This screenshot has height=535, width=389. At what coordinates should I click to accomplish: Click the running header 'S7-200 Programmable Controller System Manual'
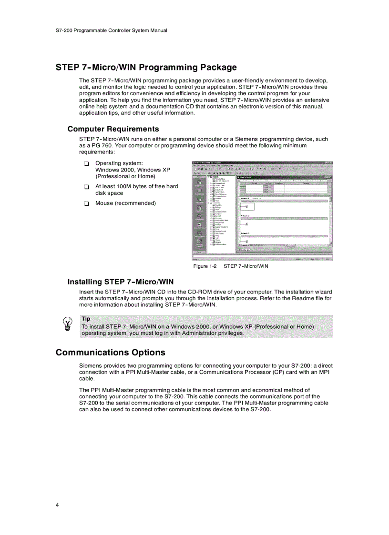tap(111, 30)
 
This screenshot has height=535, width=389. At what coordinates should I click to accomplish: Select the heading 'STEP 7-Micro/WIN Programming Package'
tap(146, 67)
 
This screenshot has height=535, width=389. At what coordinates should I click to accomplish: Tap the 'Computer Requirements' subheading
tap(113, 129)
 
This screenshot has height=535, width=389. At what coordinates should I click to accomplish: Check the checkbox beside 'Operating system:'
tap(86, 164)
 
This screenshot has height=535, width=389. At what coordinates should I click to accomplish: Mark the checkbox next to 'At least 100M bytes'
tap(86, 187)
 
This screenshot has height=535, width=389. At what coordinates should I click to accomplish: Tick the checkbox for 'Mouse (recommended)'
tap(86, 204)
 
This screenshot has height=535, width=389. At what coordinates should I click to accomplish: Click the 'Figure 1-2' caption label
tap(205, 266)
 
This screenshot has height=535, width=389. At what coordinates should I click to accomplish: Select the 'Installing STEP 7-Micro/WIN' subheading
tap(120, 282)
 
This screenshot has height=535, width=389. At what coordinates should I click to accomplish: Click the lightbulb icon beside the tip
tap(68, 324)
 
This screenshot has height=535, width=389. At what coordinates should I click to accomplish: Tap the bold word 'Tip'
tap(86, 319)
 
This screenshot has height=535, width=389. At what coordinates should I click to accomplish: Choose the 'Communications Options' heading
tap(111, 353)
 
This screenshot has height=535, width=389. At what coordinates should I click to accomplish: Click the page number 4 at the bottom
tap(57, 505)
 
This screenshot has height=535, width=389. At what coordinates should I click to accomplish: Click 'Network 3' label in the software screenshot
tap(246, 233)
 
